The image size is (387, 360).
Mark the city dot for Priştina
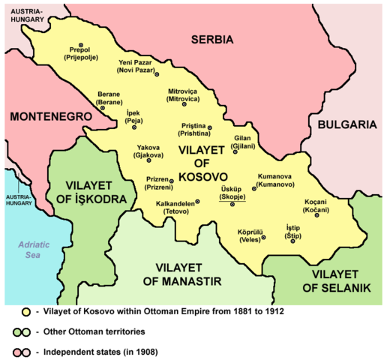tap(210, 127)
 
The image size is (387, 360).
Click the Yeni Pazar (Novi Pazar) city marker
tap(157, 74)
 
